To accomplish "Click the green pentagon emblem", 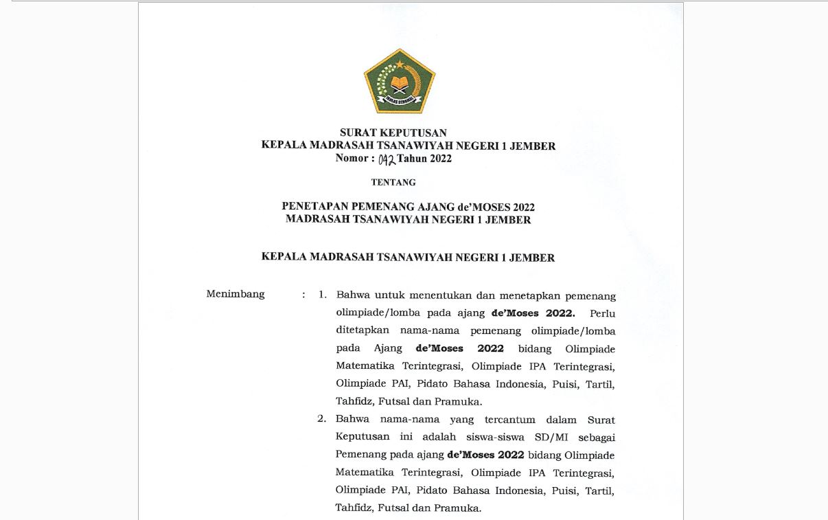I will click(x=400, y=81).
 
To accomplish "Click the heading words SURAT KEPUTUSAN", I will click(x=393, y=133).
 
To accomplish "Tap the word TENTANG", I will click(x=393, y=182).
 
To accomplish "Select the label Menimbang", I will click(x=235, y=294).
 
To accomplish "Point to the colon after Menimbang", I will click(x=303, y=295).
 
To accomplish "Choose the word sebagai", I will click(x=598, y=437).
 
